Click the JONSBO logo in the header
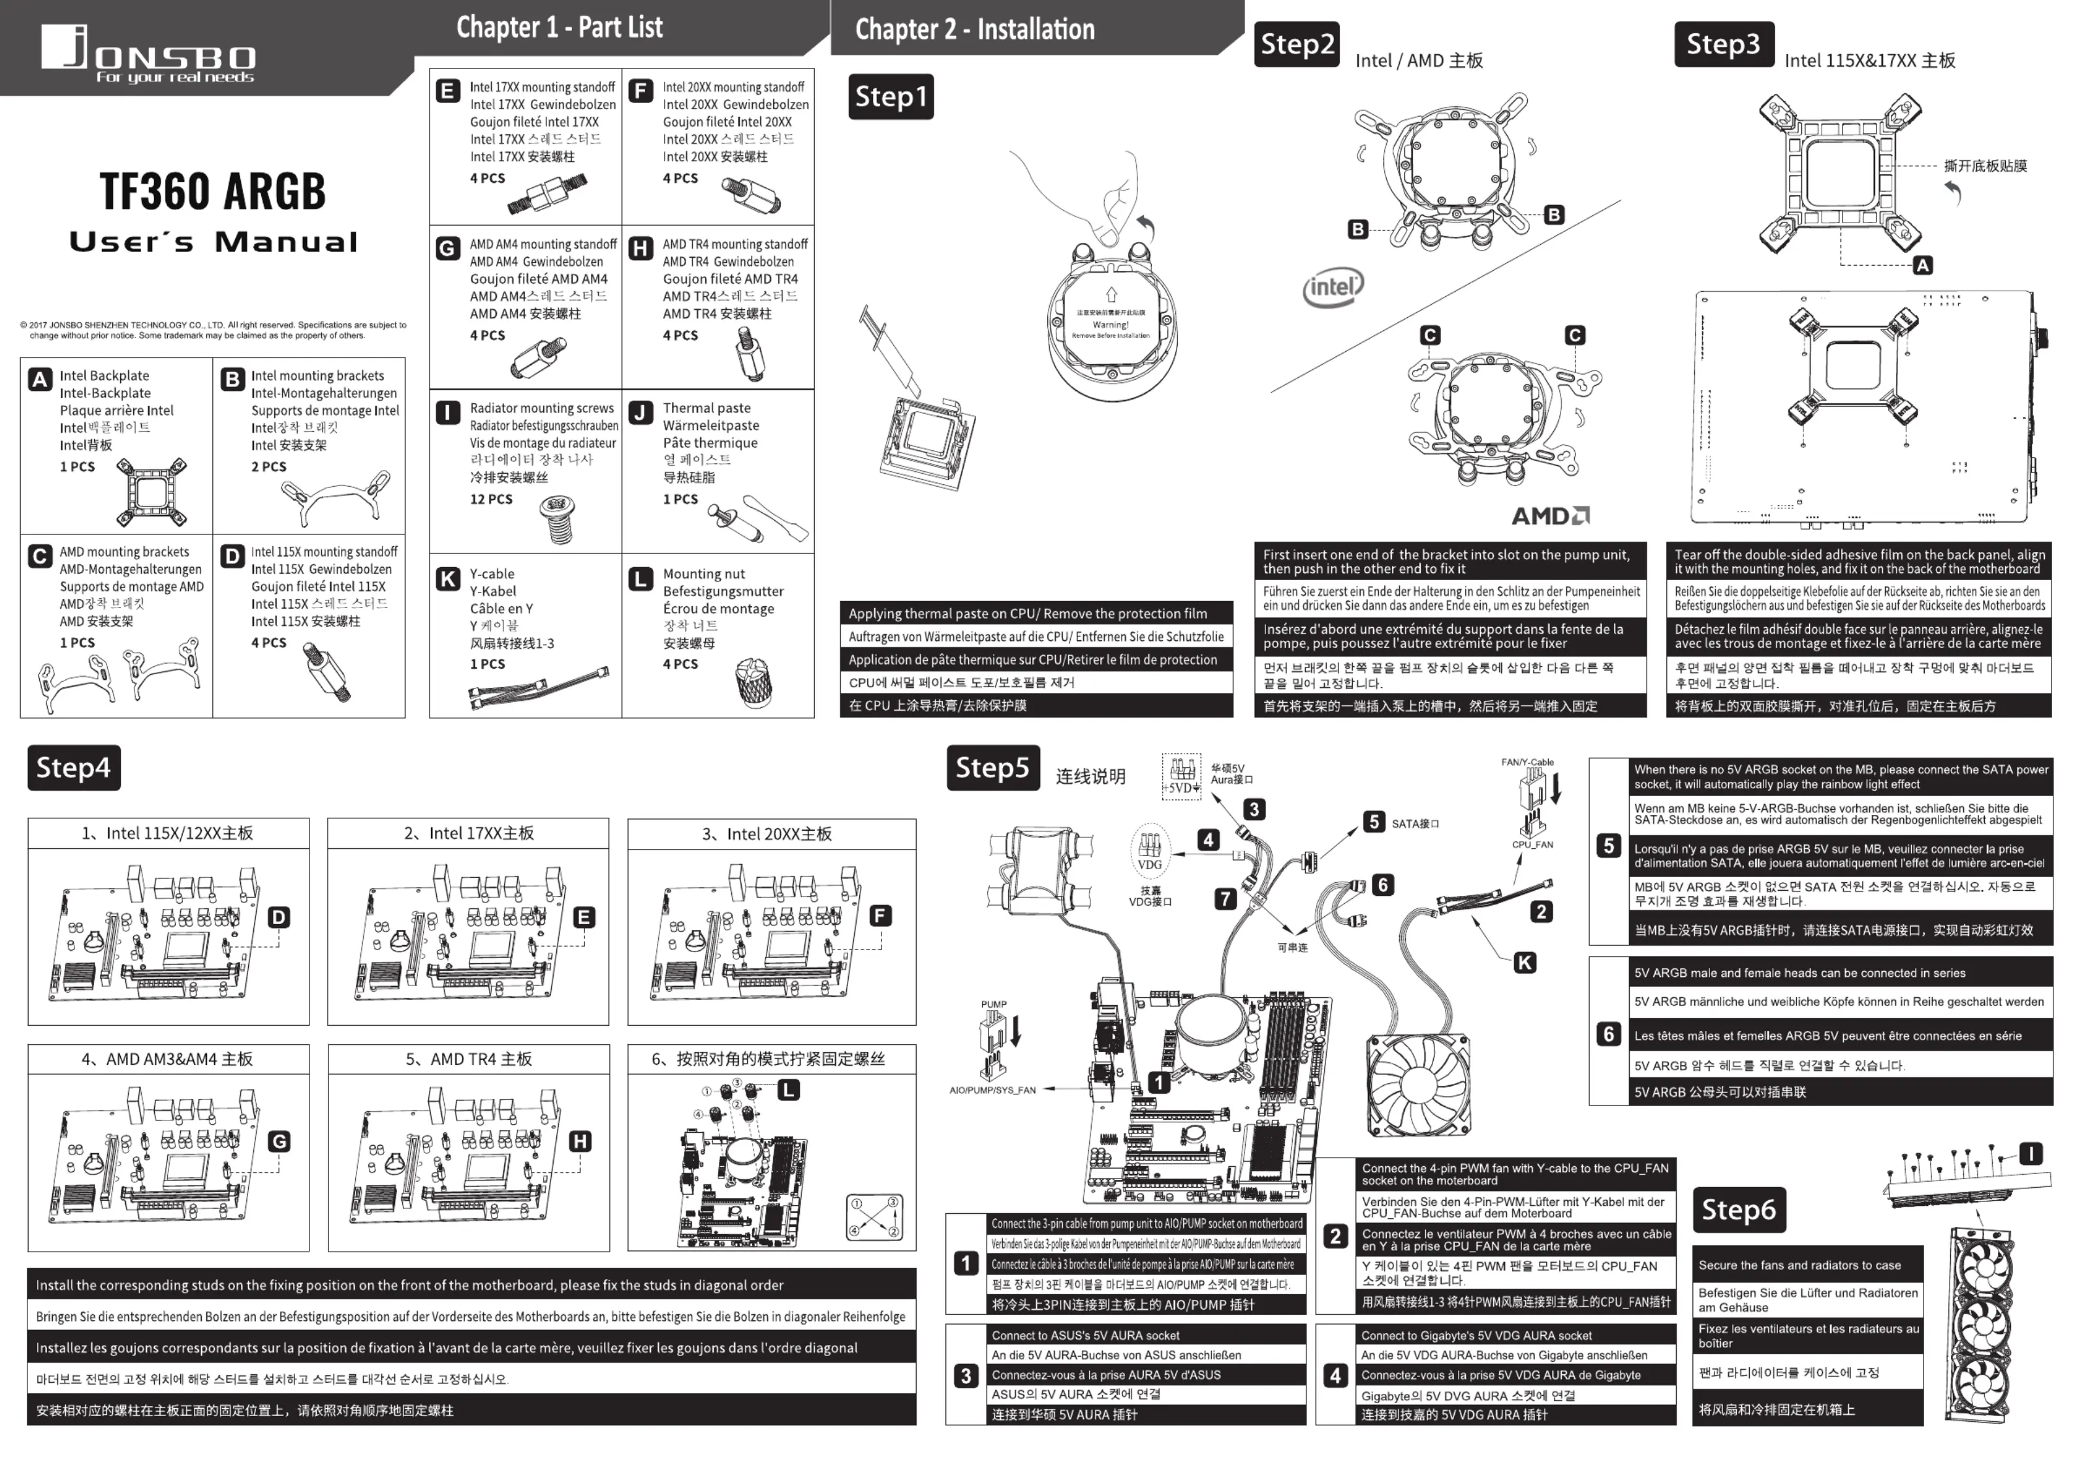tap(147, 54)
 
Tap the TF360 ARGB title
tap(212, 191)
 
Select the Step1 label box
tap(890, 97)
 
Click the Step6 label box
tap(1738, 1210)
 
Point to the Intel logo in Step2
tap(1333, 288)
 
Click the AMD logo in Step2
tap(1550, 516)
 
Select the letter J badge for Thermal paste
tap(640, 412)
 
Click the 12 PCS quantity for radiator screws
tap(490, 499)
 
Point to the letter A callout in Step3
tap(1922, 266)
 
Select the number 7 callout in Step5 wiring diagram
tap(1224, 898)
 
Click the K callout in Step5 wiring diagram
tap(1524, 963)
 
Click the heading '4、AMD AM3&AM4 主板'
tap(167, 1059)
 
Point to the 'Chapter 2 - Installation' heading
tap(974, 29)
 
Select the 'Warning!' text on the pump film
tap(1110, 324)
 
